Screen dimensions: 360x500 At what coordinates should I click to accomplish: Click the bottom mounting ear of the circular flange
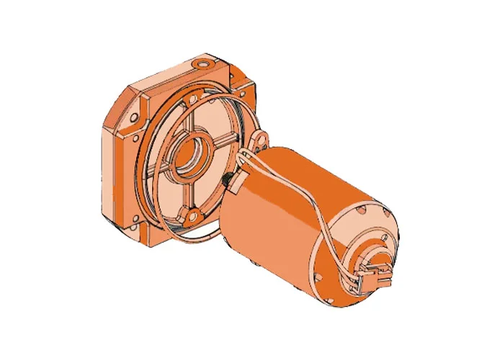pyautogui.click(x=193, y=214)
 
